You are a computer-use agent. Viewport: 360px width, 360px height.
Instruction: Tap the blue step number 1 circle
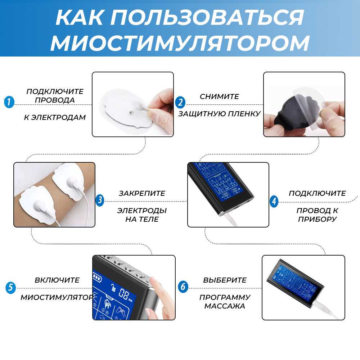(x=9, y=102)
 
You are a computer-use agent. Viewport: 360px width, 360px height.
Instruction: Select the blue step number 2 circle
(x=180, y=102)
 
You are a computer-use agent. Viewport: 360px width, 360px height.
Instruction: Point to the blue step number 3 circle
(x=100, y=200)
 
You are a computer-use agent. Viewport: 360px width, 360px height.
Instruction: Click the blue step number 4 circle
(x=274, y=201)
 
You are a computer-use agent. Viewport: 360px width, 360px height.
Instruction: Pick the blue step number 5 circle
(x=10, y=288)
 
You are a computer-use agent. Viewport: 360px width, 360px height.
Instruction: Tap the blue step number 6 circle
(x=183, y=287)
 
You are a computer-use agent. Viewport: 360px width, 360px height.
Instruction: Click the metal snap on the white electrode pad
(x=130, y=112)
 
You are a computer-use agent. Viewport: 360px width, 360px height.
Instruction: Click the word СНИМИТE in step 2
(x=219, y=96)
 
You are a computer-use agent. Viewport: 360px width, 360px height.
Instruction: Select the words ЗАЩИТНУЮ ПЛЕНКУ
(x=219, y=114)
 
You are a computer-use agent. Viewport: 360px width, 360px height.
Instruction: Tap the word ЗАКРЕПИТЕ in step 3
(x=142, y=193)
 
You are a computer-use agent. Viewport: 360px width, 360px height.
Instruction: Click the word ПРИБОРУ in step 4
(x=317, y=219)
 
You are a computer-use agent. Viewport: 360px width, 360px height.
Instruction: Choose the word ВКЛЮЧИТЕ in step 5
(x=57, y=280)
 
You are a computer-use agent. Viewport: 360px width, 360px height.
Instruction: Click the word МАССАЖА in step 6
(x=225, y=306)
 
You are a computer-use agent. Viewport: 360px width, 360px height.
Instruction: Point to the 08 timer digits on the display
(x=123, y=293)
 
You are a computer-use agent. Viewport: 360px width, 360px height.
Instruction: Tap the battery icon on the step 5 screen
(x=97, y=278)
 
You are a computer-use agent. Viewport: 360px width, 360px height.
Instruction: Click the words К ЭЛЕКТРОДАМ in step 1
(x=55, y=117)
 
